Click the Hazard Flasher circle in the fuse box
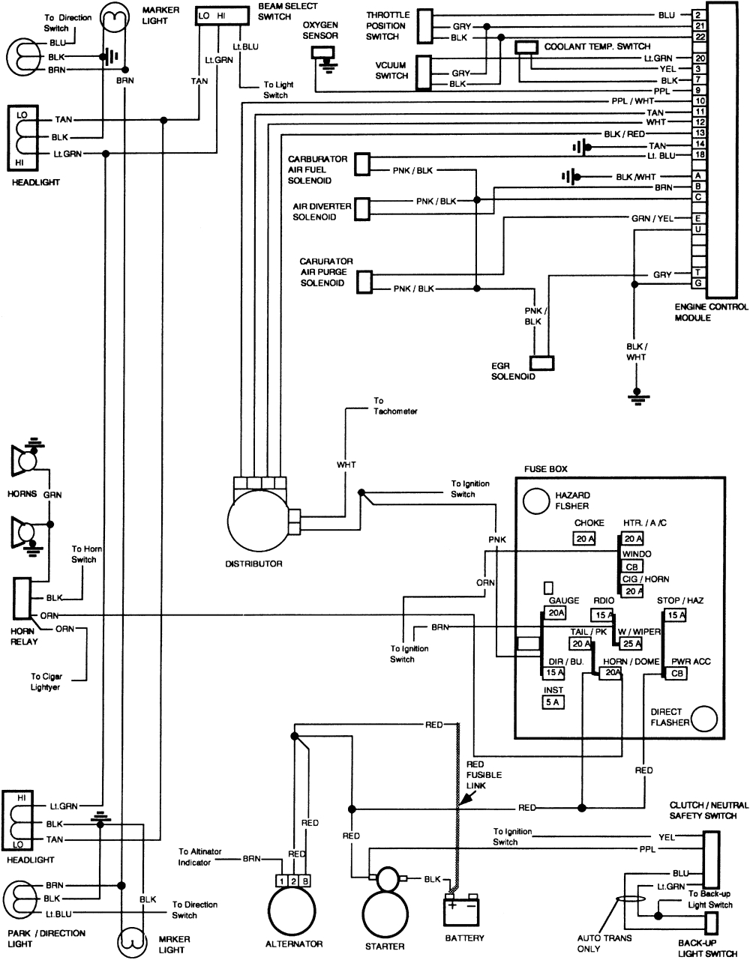pyautogui.click(x=536, y=501)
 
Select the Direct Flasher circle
pyautogui.click(x=704, y=719)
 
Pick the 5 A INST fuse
pyautogui.click(x=553, y=702)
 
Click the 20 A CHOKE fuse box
pyautogui.click(x=584, y=539)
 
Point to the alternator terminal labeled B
pyautogui.click(x=306, y=881)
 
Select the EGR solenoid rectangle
pyautogui.click(x=542, y=362)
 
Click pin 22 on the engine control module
pyautogui.click(x=698, y=36)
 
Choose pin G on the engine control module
pyautogui.click(x=698, y=283)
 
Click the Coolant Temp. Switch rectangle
pyautogui.click(x=526, y=47)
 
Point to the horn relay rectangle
pyautogui.click(x=21, y=605)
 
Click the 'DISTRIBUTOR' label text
pyautogui.click(x=253, y=564)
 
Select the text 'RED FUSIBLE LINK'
pyautogui.click(x=484, y=774)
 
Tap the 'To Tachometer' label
pyautogui.click(x=395, y=406)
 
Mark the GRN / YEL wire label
pyautogui.click(x=652, y=218)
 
